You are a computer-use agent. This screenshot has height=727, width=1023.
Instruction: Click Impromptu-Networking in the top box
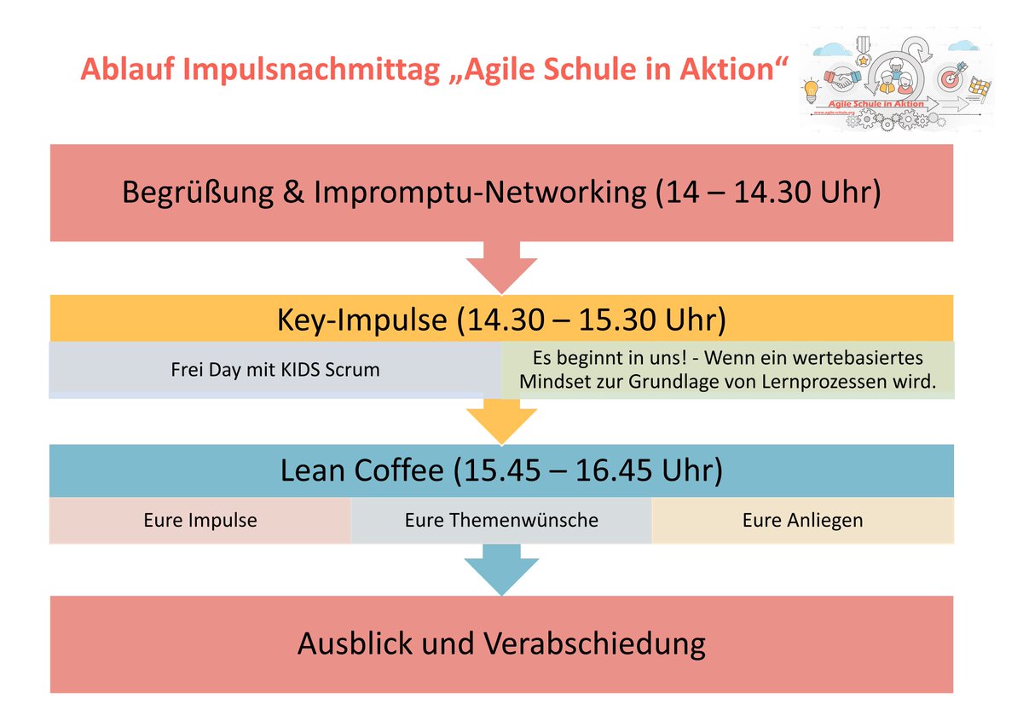coord(481,192)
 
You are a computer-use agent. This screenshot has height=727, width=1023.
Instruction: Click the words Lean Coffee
coord(362,470)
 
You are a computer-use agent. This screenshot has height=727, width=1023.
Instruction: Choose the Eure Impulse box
coord(200,520)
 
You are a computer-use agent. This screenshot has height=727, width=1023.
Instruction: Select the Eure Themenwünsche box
coord(501,520)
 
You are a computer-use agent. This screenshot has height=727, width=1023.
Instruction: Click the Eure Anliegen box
coord(802,520)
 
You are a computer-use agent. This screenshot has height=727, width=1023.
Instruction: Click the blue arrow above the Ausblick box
coord(501,571)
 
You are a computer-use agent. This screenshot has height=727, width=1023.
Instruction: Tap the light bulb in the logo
coord(810,88)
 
